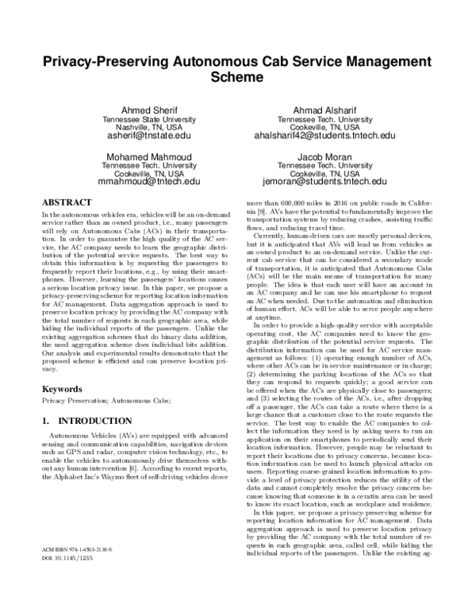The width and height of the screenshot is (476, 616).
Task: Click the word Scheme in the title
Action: point(238,78)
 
